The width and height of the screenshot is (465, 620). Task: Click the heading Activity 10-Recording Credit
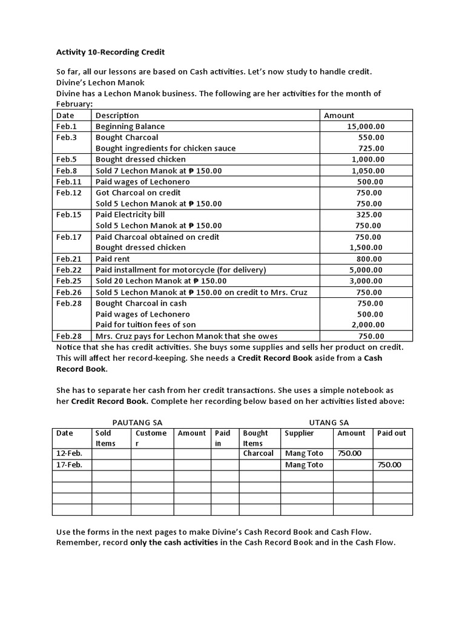pos(110,52)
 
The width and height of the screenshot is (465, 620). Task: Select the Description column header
pos(117,115)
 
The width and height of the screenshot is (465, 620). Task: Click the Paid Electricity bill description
pos(130,214)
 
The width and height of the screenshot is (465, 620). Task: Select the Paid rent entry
pos(113,259)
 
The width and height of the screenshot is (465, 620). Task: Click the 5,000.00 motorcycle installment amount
pos(366,270)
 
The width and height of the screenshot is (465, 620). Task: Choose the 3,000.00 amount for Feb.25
pos(366,281)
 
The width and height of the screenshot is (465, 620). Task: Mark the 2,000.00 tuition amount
pos(366,325)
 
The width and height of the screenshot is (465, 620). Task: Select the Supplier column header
pos(300,433)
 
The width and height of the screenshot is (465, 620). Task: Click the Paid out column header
pos(392,433)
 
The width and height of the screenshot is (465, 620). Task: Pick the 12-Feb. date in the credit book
pos(69,453)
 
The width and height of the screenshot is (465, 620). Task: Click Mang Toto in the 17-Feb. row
pos(304,465)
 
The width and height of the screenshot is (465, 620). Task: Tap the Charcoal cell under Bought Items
pos(259,453)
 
